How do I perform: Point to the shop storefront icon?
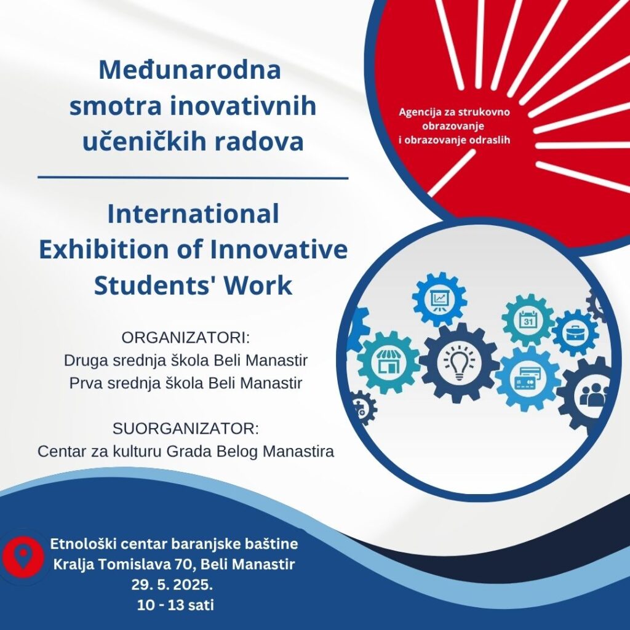(x=388, y=361)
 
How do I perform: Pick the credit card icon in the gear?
(x=527, y=378)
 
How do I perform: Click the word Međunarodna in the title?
(x=189, y=70)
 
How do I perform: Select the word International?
(x=193, y=213)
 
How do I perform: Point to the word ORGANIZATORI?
(x=186, y=338)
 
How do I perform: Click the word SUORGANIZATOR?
(x=186, y=429)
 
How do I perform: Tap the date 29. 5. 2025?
(x=172, y=584)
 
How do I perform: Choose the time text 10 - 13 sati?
(x=175, y=605)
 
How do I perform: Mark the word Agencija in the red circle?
(x=417, y=112)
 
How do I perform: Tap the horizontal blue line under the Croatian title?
(x=193, y=177)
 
